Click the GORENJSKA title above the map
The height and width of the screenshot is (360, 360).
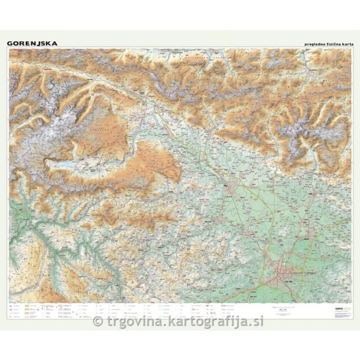[32, 43]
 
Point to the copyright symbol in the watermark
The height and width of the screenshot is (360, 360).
[98, 322]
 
